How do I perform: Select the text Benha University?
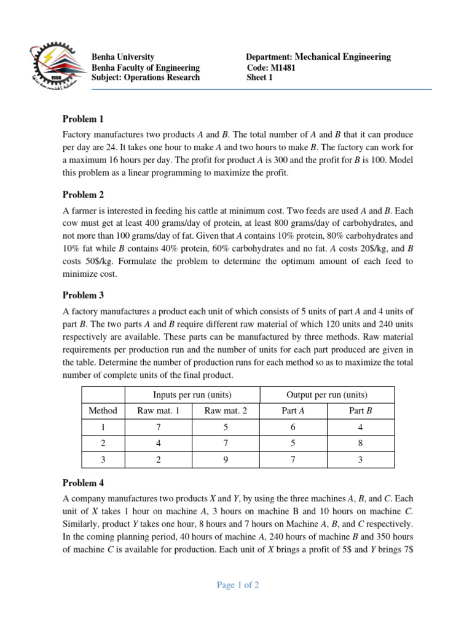pos(122,57)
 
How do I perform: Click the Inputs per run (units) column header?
pos(193,394)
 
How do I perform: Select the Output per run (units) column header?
pos(328,394)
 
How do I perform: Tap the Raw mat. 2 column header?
pos(227,410)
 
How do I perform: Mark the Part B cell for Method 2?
pos(360,442)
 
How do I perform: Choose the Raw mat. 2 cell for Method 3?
pos(227,458)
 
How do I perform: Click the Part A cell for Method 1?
pos(293,426)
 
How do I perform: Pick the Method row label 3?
pos(103,458)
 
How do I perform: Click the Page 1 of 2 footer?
pos(238,585)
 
